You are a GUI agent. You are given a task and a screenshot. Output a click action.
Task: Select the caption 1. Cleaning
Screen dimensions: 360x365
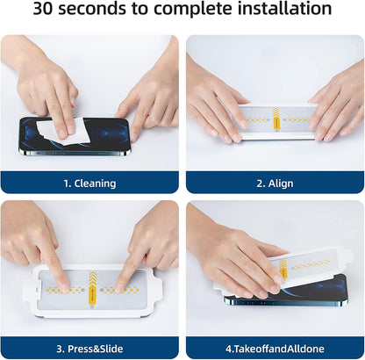click(89, 184)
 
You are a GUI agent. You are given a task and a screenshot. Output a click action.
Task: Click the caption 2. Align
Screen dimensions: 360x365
click(275, 184)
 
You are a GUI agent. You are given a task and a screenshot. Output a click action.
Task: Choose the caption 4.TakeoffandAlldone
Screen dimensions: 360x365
click(275, 349)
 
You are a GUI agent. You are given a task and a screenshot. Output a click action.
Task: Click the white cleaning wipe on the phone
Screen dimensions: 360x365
click(59, 129)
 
